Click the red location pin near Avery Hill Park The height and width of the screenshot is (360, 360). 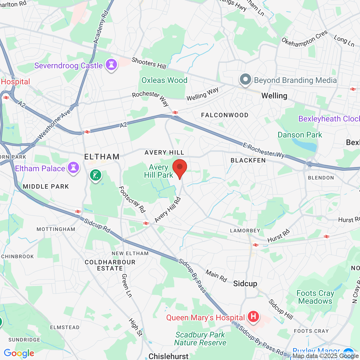point(179,168)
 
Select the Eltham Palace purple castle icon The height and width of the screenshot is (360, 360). point(73,168)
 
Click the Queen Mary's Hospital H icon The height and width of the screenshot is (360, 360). point(253,317)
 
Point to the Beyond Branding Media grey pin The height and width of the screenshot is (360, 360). point(245,80)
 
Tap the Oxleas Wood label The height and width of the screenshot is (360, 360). point(164,80)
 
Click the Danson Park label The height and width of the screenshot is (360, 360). point(300,135)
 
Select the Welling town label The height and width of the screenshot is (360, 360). point(274,96)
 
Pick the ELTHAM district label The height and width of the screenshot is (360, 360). point(102,157)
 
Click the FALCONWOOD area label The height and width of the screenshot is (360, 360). point(225,115)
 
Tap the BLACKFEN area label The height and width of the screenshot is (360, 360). point(248,160)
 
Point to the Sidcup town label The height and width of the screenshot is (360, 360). point(245,284)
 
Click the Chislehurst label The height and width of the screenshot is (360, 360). point(168,356)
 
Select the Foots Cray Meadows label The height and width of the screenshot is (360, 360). point(315,297)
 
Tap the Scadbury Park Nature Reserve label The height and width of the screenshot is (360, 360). point(200,339)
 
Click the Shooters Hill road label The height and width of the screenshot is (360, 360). point(149,63)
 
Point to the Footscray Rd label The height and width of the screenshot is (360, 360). point(132,199)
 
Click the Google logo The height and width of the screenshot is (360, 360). point(19,353)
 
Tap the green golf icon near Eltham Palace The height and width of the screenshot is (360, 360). point(96,175)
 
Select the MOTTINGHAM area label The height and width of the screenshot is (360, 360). point(56,229)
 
